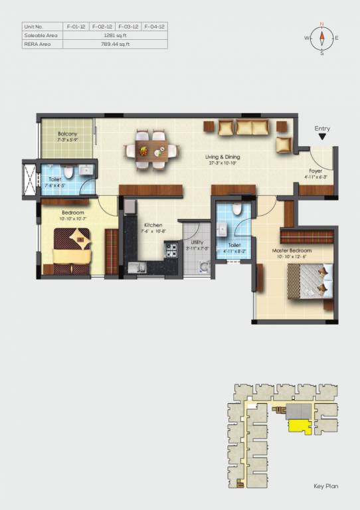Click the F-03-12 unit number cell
[x=128, y=27]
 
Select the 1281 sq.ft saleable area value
[x=115, y=36]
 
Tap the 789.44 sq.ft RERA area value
[x=115, y=44]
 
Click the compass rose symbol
[x=321, y=38]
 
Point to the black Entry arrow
[x=322, y=137]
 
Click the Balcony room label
[x=68, y=135]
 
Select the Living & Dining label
[x=223, y=159]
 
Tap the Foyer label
[x=315, y=174]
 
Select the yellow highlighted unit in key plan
[x=300, y=426]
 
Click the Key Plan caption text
[x=326, y=487]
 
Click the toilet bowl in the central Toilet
[x=238, y=210]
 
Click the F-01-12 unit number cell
[x=76, y=27]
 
